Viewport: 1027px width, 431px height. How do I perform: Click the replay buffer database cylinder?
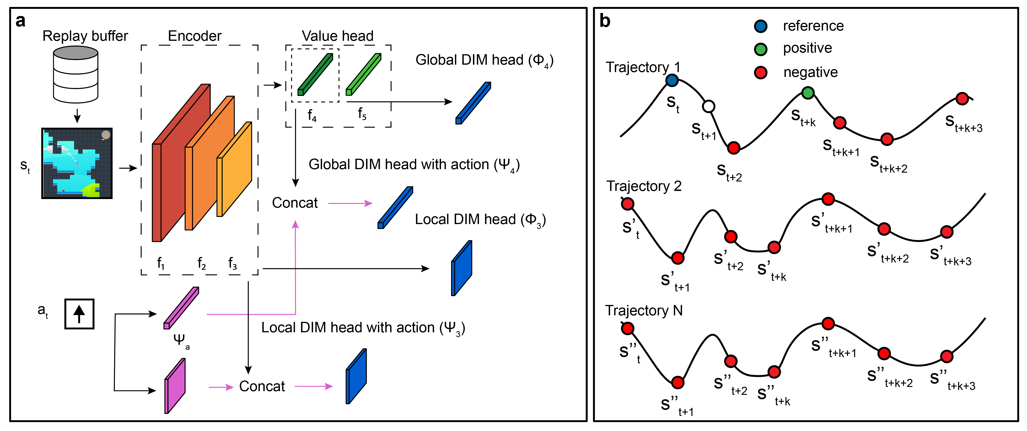[76, 75]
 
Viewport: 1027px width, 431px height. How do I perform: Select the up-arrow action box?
[79, 314]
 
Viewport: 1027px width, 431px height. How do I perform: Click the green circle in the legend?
[761, 49]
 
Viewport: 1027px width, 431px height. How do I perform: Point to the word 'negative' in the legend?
[811, 72]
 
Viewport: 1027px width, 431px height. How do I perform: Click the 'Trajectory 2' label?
[644, 186]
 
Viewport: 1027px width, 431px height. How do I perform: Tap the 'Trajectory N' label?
[644, 311]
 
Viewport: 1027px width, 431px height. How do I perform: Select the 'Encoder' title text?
[195, 36]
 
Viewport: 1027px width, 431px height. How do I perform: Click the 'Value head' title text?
[337, 36]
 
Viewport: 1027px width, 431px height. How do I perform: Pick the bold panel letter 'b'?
[605, 21]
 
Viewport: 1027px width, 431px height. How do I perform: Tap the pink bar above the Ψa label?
[181, 308]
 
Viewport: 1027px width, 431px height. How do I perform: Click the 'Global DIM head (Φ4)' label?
[484, 60]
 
